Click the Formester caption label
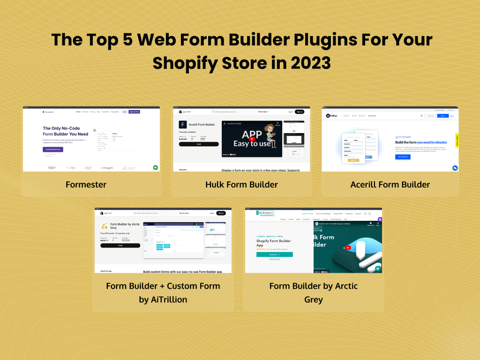(x=86, y=184)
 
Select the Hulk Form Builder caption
(x=241, y=184)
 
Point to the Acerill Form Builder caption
(x=390, y=184)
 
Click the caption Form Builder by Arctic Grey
(x=313, y=292)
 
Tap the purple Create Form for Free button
(x=52, y=149)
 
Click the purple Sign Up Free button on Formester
(x=135, y=112)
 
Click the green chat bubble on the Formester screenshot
(x=155, y=167)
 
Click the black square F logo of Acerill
(x=183, y=125)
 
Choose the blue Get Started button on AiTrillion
(x=403, y=157)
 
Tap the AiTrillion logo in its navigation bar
(x=332, y=115)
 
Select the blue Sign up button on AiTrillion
(x=442, y=115)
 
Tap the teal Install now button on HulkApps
(x=274, y=254)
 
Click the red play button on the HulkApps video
(x=348, y=247)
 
